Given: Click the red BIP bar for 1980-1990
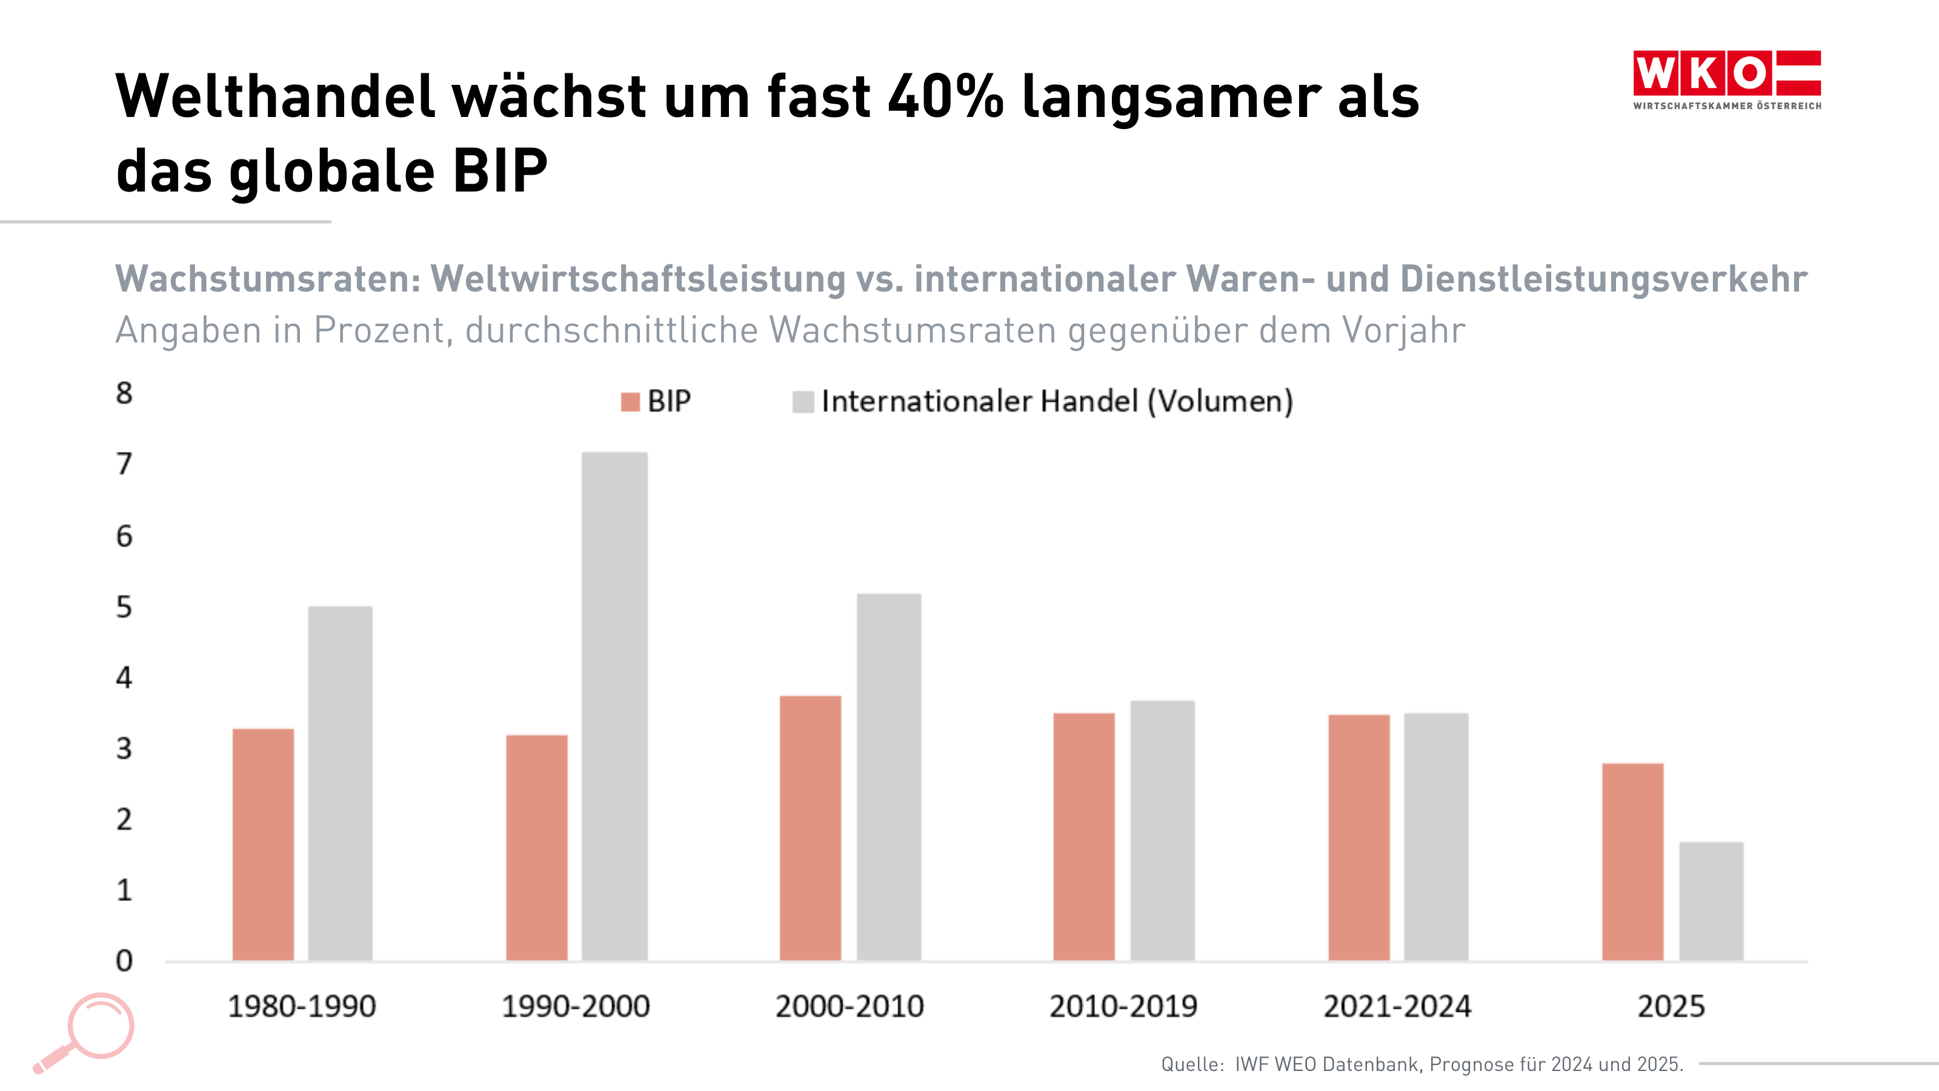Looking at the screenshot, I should click(x=263, y=844).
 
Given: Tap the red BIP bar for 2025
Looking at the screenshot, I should click(x=1632, y=861).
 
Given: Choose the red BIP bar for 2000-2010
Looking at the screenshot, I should click(x=810, y=827).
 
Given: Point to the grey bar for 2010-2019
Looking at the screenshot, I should click(x=1162, y=830).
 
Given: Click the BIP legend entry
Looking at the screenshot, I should click(x=656, y=401).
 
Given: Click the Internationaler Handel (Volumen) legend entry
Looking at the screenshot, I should click(x=1042, y=401).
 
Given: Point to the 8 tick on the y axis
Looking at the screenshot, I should click(x=124, y=393).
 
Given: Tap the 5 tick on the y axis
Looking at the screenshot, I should click(x=124, y=607).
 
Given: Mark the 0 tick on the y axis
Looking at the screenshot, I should click(x=124, y=961).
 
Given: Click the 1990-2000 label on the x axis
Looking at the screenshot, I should click(x=576, y=1007).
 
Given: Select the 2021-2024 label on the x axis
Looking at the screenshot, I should click(x=1397, y=1007).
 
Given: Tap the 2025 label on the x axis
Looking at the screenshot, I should click(x=1671, y=1007).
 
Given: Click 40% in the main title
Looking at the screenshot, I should click(x=945, y=96).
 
